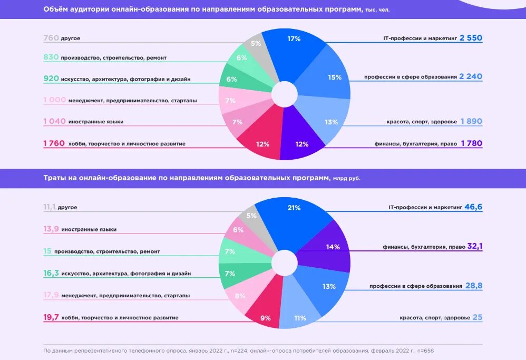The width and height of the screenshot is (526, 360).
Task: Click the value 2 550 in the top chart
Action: pos(471,38)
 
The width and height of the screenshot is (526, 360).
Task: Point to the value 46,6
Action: pos(473,207)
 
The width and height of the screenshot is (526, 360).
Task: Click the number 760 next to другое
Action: pos(51,38)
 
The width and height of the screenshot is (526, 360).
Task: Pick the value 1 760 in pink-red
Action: pos(54,143)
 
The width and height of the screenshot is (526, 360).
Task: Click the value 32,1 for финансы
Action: pos(475,246)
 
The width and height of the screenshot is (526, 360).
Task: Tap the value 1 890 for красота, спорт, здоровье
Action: pos(471,121)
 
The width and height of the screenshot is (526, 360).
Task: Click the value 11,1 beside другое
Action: pos(50,207)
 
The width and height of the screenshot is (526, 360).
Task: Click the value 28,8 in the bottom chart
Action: pos(474,286)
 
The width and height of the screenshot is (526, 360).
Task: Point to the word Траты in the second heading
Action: pos(54,178)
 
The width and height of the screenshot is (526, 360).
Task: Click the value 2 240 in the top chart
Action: pos(471,76)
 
